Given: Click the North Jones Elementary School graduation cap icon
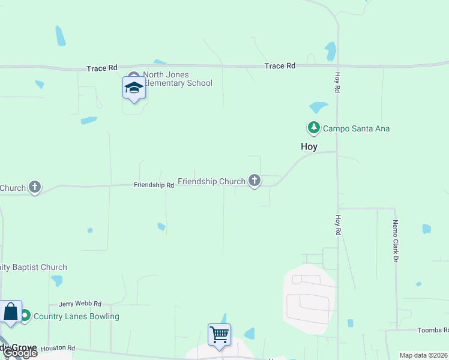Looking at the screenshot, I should click(x=134, y=88).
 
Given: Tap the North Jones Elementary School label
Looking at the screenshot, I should click(x=178, y=79).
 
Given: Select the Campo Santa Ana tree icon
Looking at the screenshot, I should click(x=313, y=128).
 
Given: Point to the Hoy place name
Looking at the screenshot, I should click(x=309, y=146).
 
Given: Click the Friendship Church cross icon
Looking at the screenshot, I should click(x=255, y=180).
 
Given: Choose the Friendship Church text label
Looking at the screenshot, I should click(x=211, y=181).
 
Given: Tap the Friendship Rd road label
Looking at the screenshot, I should click(x=154, y=185).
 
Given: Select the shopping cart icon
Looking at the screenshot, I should click(x=219, y=334).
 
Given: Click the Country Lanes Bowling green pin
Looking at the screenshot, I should click(x=25, y=316).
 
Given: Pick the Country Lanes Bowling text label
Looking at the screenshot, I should click(x=76, y=316).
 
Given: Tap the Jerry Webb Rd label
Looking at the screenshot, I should click(x=80, y=304).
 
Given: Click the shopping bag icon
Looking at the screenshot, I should click(x=11, y=311).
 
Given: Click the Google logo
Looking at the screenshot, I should click(x=19, y=353).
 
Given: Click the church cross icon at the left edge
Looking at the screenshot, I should click(x=35, y=187).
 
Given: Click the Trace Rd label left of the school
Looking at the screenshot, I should click(x=101, y=68).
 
